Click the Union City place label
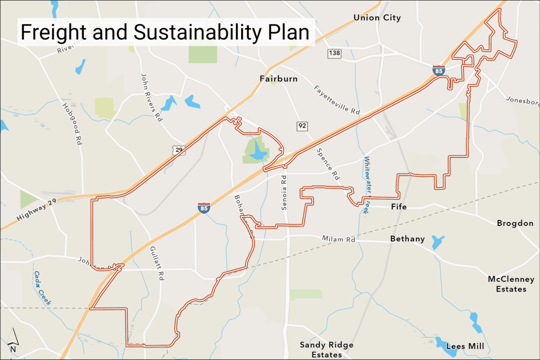click(377, 18)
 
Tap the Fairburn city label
click(279, 79)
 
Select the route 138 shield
click(334, 53)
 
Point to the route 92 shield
click(302, 126)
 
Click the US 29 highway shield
click(178, 150)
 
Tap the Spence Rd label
click(328, 164)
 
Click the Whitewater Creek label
click(366, 185)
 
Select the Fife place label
click(399, 207)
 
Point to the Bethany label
click(407, 239)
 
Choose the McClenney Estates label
click(511, 284)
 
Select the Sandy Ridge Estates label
click(327, 350)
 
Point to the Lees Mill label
click(465, 347)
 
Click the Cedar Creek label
click(42, 288)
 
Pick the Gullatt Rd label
click(157, 263)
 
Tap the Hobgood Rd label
click(72, 123)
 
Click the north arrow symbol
click(13, 340)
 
